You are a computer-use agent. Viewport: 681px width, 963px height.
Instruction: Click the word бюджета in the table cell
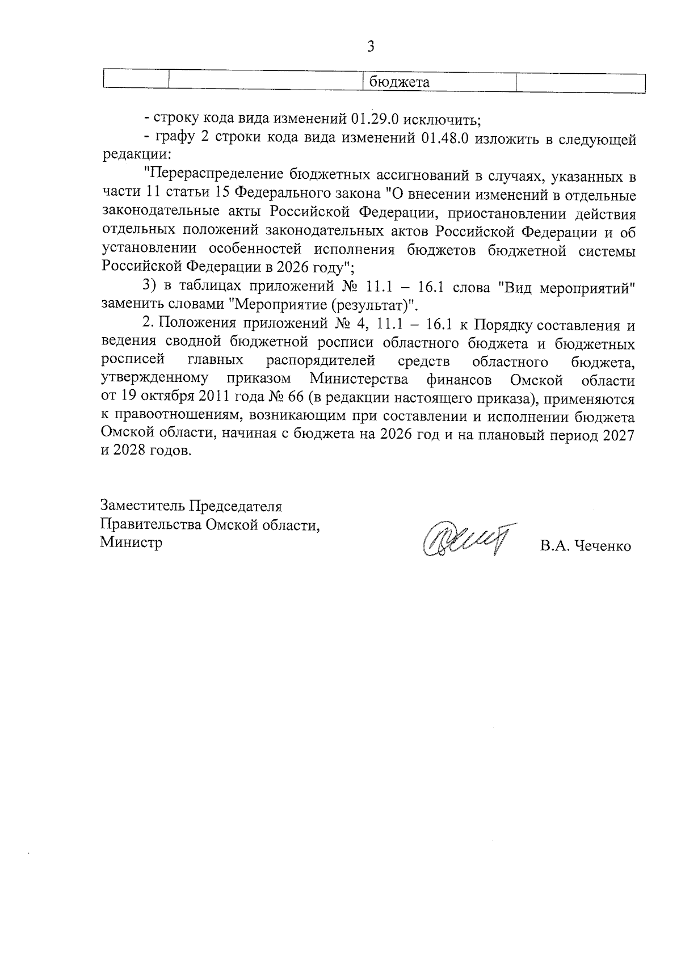[400, 82]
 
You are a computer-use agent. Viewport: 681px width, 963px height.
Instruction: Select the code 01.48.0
[445, 140]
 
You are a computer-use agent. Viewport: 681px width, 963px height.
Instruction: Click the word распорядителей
[321, 361]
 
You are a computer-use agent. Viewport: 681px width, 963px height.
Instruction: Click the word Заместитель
[143, 505]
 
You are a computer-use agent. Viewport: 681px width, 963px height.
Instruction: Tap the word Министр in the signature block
[131, 542]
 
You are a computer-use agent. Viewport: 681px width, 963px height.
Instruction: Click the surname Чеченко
[602, 546]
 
